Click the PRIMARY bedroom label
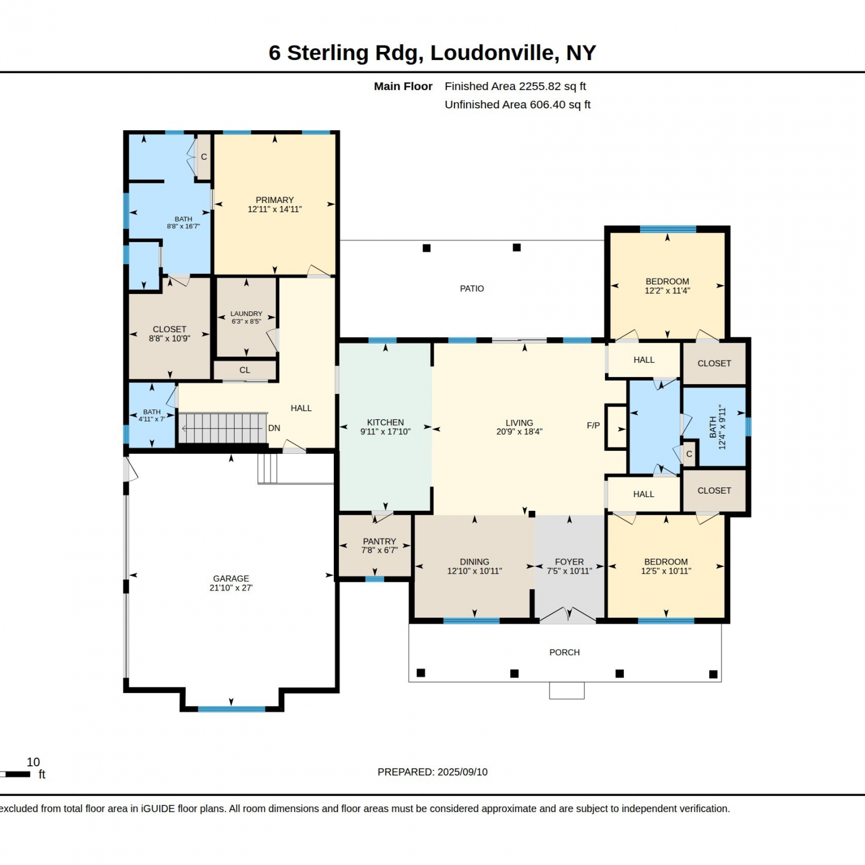point(274,200)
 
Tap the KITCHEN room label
point(385,423)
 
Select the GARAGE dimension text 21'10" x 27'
point(231,588)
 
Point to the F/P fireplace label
point(593,426)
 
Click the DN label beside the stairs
point(274,428)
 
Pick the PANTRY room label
point(379,541)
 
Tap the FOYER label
point(569,562)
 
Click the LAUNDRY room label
point(246,314)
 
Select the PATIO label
point(472,288)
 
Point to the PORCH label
point(565,652)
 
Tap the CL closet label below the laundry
point(245,370)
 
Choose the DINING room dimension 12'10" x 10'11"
point(475,571)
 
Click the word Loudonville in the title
point(494,53)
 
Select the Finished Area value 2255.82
point(540,86)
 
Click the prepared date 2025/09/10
point(462,772)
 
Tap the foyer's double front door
point(568,615)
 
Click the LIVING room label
point(519,423)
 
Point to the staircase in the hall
point(223,428)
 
